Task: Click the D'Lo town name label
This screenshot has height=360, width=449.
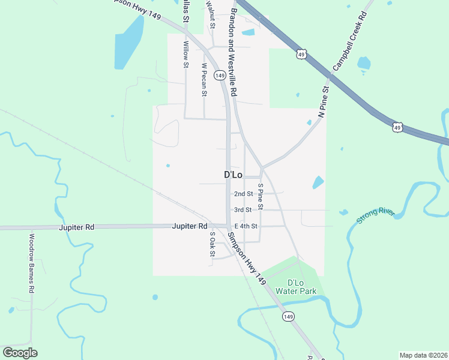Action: (x=233, y=175)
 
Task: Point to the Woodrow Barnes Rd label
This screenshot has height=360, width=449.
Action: (x=32, y=263)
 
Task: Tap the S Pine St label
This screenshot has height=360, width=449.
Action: (x=261, y=196)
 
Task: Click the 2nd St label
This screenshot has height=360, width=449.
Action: (x=243, y=194)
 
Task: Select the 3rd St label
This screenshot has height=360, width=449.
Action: (x=243, y=210)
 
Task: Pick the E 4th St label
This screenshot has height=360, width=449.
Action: (x=246, y=226)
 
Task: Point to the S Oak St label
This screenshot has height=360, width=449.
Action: (x=212, y=245)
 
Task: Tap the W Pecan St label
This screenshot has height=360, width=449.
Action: (x=204, y=80)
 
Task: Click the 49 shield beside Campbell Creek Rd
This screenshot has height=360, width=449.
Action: (x=301, y=54)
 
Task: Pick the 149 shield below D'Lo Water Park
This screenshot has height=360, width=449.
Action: (x=289, y=316)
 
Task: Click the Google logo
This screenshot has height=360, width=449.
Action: (x=20, y=353)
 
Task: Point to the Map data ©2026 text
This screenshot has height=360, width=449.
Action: (x=423, y=355)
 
